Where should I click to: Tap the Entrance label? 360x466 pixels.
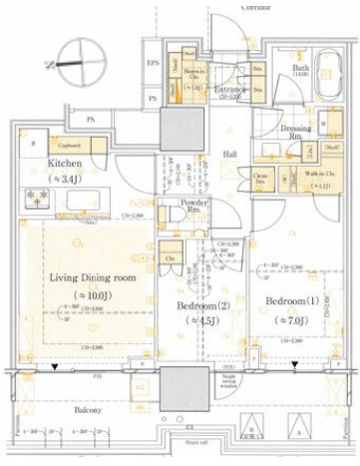(230, 89)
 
